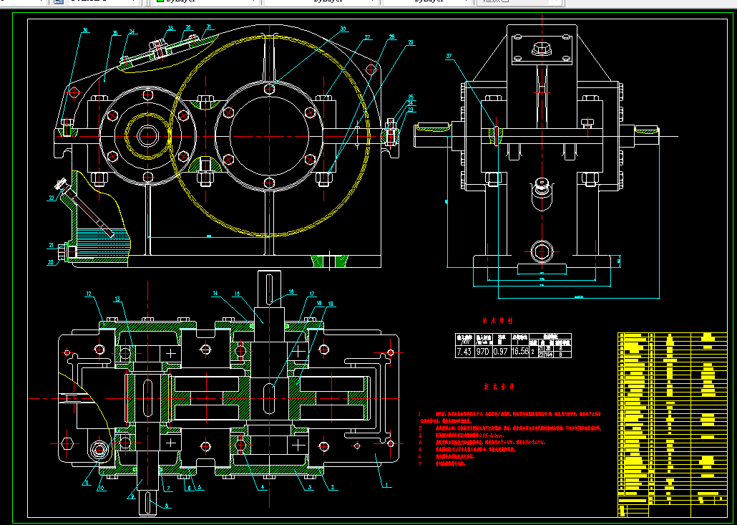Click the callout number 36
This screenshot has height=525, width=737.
pyautogui.click(x=85, y=30)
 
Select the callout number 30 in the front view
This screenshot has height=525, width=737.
pyautogui.click(x=343, y=29)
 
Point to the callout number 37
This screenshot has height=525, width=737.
pyautogui.click(x=449, y=56)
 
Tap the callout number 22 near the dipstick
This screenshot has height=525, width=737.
pyautogui.click(x=52, y=198)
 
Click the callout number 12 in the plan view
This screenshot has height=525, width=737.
pyautogui.click(x=89, y=294)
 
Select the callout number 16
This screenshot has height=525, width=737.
pyautogui.click(x=291, y=292)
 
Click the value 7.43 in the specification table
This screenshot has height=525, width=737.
pyautogui.click(x=464, y=352)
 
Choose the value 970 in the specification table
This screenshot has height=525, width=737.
pyautogui.click(x=484, y=352)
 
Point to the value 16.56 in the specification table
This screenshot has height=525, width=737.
pyautogui.click(x=521, y=352)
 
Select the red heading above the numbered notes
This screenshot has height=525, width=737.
pyautogui.click(x=499, y=386)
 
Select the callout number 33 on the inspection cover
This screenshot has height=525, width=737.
pyautogui.click(x=170, y=29)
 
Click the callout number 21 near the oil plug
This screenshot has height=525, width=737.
pyautogui.click(x=52, y=246)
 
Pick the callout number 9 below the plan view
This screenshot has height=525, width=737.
pyautogui.click(x=132, y=494)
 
